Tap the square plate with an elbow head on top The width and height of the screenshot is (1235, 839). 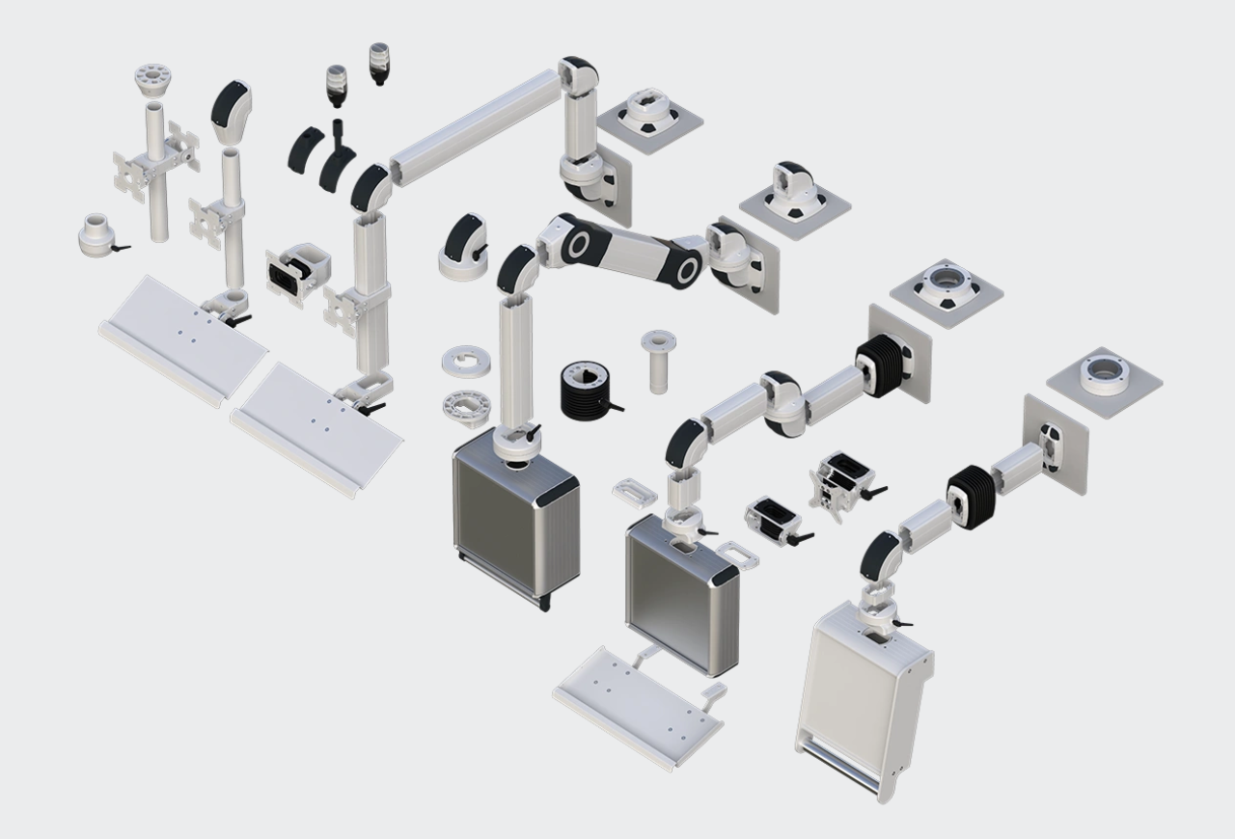pyautogui.click(x=795, y=192)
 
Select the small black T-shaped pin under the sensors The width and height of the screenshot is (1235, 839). pyautogui.click(x=338, y=131)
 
